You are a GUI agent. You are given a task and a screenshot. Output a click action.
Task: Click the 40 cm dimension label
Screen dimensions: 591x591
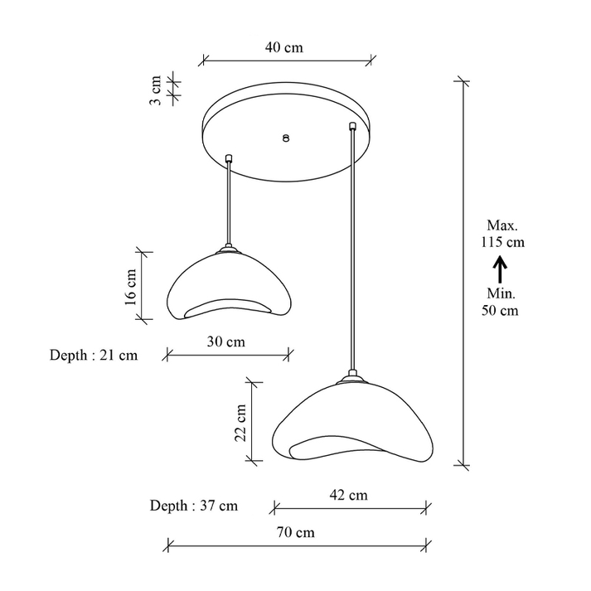(283, 48)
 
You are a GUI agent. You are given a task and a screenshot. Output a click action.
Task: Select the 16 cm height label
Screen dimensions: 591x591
(130, 286)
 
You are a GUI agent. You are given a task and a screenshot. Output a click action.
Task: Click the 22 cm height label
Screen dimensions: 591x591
(240, 423)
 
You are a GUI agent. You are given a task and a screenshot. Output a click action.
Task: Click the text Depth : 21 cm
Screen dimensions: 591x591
(94, 356)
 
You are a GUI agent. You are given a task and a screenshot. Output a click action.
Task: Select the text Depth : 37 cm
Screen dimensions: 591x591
(194, 505)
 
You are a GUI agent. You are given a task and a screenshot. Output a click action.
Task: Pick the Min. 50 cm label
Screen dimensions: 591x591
(501, 303)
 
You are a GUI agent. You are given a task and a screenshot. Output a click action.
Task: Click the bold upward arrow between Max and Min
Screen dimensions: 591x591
(501, 269)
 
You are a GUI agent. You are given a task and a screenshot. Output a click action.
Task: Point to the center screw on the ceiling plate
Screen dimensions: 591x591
(286, 139)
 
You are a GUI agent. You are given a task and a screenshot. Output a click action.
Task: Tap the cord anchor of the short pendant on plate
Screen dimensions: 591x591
(229, 156)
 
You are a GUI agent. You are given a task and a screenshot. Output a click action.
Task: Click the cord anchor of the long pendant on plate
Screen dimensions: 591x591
(354, 127)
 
